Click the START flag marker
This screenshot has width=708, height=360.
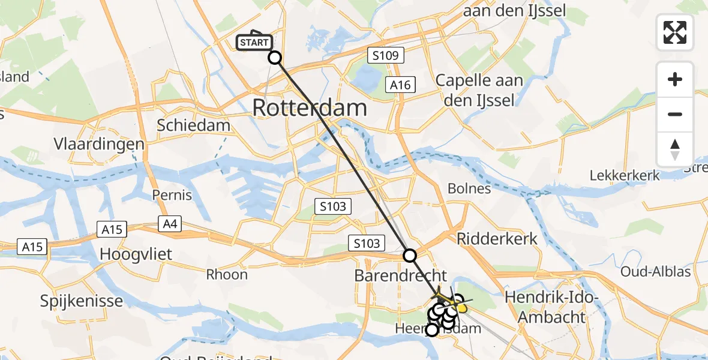click(x=255, y=41)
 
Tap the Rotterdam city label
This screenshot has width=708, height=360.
click(x=309, y=108)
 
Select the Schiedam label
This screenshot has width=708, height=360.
click(x=193, y=125)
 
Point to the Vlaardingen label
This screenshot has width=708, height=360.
click(x=99, y=144)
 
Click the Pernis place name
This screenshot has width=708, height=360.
click(x=172, y=195)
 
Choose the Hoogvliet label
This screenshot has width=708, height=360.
click(x=136, y=254)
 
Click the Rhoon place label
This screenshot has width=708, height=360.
click(x=227, y=274)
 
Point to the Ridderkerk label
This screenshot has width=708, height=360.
click(x=497, y=238)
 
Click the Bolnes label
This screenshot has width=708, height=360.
click(x=469, y=188)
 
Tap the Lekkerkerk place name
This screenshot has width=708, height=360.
click(x=625, y=176)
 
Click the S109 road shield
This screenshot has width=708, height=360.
click(x=386, y=56)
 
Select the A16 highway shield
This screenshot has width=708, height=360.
click(x=400, y=85)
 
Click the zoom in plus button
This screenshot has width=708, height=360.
click(x=675, y=79)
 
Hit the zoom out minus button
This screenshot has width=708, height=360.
click(x=675, y=114)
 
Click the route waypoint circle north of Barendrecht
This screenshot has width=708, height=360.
click(x=410, y=256)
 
